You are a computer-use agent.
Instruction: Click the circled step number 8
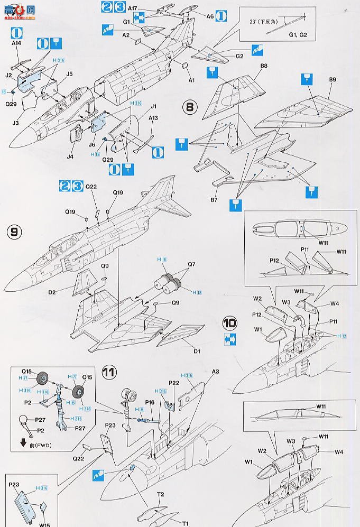coord(190,107)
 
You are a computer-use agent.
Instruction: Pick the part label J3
coord(16,123)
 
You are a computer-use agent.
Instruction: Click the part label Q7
coord(191,264)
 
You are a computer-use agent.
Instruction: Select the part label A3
coord(216,372)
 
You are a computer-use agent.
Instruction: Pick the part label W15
coord(44,524)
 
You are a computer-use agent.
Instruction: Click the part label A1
coord(191,80)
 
